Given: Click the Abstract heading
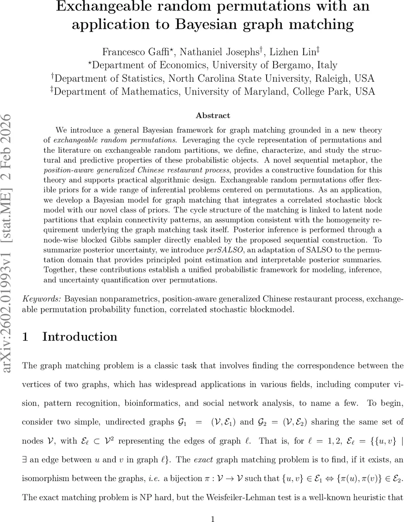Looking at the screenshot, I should coord(213,115).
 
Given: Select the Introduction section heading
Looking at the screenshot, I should coord(80,337).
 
